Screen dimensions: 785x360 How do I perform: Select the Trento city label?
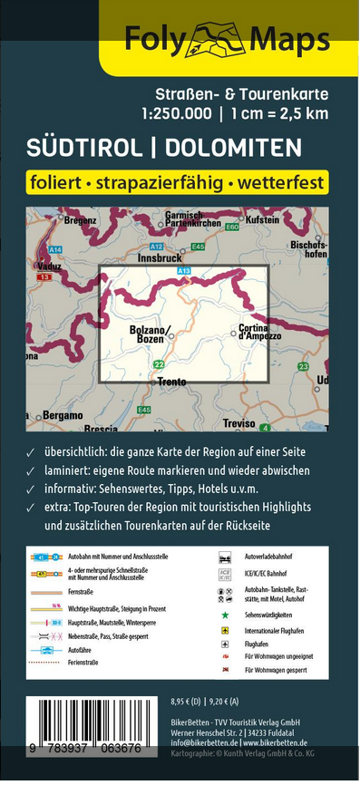tap(171, 383)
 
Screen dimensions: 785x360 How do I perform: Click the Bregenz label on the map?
tap(80, 220)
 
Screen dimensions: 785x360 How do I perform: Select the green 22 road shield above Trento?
tap(160, 364)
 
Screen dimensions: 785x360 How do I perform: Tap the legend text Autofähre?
tap(79, 649)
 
